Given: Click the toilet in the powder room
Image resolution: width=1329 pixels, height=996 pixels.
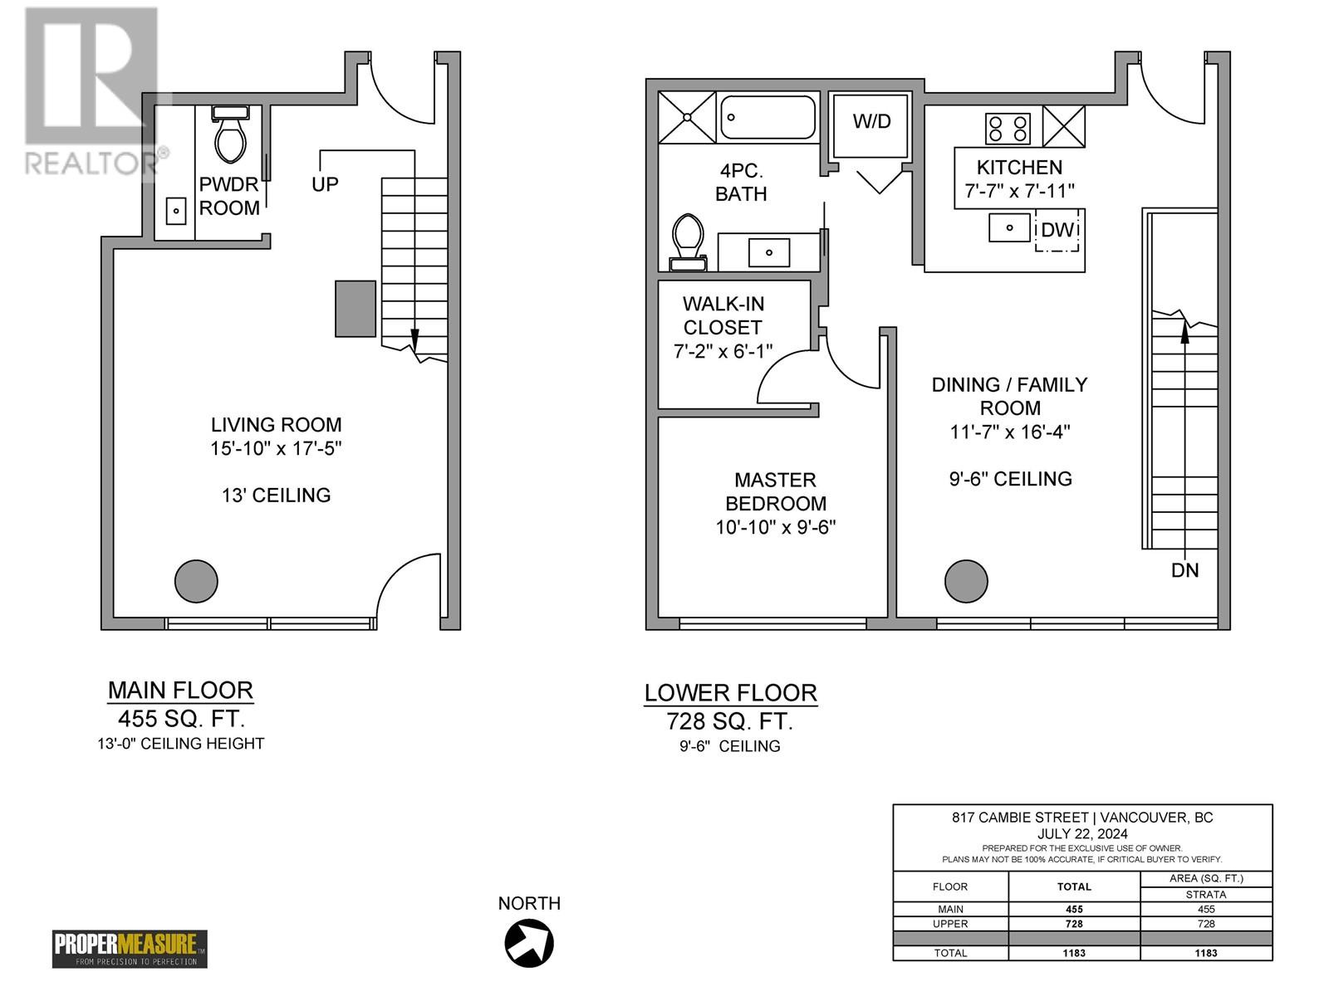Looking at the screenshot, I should (230, 136).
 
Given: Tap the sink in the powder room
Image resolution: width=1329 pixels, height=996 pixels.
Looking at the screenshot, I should (176, 211).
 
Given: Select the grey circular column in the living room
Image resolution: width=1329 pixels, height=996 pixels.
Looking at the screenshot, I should (196, 581).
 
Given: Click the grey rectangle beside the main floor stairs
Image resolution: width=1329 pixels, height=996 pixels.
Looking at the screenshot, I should (355, 308).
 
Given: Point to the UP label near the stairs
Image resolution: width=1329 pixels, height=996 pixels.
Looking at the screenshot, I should (325, 184).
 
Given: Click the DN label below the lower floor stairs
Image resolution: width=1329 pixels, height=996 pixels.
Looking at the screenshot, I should (1184, 570).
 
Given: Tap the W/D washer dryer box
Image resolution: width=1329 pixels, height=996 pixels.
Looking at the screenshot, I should (871, 124).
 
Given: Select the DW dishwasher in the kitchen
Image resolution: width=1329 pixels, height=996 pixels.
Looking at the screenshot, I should (1057, 230).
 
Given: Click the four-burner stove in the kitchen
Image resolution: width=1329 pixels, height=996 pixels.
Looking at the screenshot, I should (1008, 129).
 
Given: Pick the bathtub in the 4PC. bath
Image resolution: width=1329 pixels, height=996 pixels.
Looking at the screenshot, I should (767, 117).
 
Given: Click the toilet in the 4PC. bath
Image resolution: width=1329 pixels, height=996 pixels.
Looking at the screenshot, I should (687, 240).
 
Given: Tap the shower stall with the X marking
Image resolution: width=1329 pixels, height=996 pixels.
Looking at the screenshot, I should (687, 118).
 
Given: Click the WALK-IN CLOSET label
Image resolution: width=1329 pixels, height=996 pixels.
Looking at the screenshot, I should (723, 315).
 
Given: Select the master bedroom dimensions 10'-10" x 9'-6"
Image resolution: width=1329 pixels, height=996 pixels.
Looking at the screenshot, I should (775, 527).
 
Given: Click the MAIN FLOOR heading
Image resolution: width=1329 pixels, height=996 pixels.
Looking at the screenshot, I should (180, 690).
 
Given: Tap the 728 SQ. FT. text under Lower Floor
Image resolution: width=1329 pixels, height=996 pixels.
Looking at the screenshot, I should (729, 721).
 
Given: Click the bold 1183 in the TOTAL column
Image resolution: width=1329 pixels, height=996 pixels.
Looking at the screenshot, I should (1074, 953).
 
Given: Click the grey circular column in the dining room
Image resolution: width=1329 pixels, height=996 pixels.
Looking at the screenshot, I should (966, 581).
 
